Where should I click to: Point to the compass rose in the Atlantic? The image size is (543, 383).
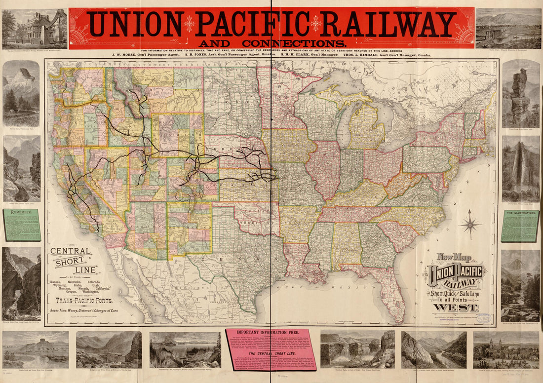tap(470, 224)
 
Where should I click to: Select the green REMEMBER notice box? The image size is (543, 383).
tap(22, 225)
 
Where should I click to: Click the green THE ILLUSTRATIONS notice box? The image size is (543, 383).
tap(520, 226)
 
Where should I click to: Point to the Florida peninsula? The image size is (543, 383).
tap(392, 291)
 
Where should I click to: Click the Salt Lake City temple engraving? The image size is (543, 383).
tap(506, 349)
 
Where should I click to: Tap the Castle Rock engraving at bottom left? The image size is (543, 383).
tap(35, 348)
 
